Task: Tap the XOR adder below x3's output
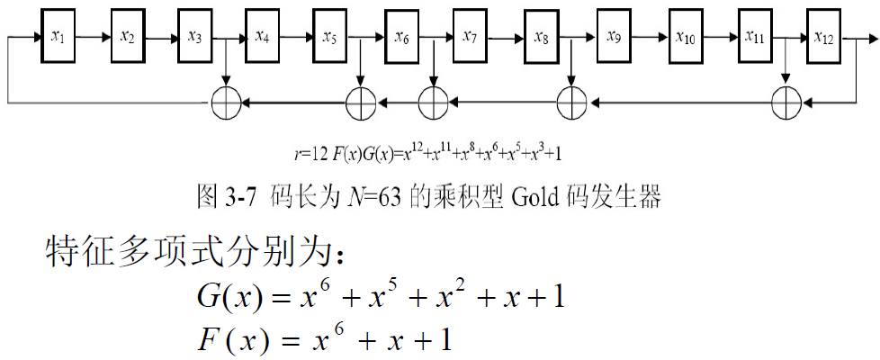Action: [225, 102]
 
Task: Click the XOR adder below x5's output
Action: [361, 102]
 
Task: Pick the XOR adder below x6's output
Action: [433, 102]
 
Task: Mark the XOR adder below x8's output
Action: [571, 102]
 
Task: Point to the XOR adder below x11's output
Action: [786, 102]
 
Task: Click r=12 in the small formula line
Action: [316, 153]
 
